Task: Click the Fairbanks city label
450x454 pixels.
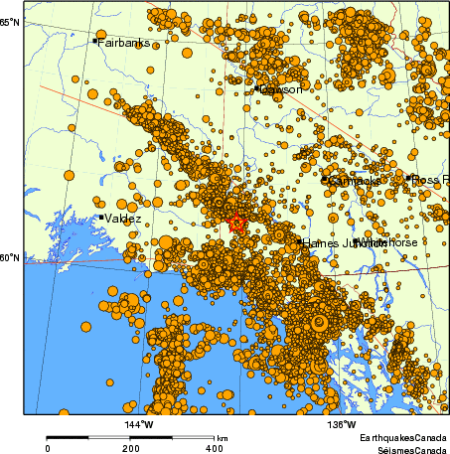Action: click(123, 43)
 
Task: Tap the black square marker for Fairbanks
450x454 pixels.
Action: click(95, 41)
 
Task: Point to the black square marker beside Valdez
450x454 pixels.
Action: click(101, 217)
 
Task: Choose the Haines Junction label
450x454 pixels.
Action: click(333, 242)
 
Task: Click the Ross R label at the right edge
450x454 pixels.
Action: click(429, 179)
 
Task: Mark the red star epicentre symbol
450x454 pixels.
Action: click(236, 223)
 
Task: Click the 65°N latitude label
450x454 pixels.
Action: click(9, 21)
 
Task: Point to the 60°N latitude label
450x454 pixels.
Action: click(9, 258)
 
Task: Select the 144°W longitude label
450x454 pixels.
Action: click(138, 426)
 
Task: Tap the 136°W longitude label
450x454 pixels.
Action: click(343, 426)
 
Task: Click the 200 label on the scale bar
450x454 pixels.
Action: click(131, 448)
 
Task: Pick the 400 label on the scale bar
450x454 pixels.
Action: click(214, 448)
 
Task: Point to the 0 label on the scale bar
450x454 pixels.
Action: click(48, 448)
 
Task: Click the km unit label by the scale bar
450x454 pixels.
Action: click(223, 438)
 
